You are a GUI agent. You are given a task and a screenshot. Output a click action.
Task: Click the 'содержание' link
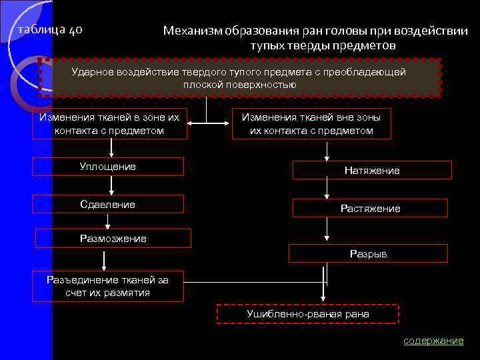pyautogui.click(x=433, y=341)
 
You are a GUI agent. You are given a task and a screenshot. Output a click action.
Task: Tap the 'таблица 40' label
pyautogui.click(x=50, y=31)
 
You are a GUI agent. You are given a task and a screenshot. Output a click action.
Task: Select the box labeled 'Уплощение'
pyautogui.click(x=107, y=167)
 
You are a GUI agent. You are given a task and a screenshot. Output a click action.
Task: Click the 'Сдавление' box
pyautogui.click(x=107, y=204)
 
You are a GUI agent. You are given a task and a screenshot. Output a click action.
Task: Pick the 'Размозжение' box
pyautogui.click(x=113, y=238)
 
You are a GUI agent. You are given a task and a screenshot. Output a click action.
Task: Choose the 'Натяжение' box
pyautogui.click(x=372, y=170)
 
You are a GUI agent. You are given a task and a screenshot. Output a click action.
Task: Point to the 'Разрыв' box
pyautogui.click(x=368, y=253)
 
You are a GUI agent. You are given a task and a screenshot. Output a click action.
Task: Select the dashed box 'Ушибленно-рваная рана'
pyautogui.click(x=308, y=313)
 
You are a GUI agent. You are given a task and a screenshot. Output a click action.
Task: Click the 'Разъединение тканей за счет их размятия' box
pyautogui.click(x=107, y=286)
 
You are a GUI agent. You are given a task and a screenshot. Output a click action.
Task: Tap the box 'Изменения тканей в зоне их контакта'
pyautogui.click(x=109, y=123)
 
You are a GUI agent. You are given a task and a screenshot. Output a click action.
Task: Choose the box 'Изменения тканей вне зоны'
pyautogui.click(x=311, y=123)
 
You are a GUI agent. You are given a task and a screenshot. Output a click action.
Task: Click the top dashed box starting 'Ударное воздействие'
pyautogui.click(x=239, y=78)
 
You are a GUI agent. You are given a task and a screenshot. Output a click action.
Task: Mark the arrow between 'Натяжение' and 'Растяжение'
pyautogui.click(x=326, y=192)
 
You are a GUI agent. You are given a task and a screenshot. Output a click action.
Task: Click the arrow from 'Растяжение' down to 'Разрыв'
pyautogui.click(x=326, y=231)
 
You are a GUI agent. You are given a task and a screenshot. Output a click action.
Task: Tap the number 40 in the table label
pyautogui.click(x=75, y=31)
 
